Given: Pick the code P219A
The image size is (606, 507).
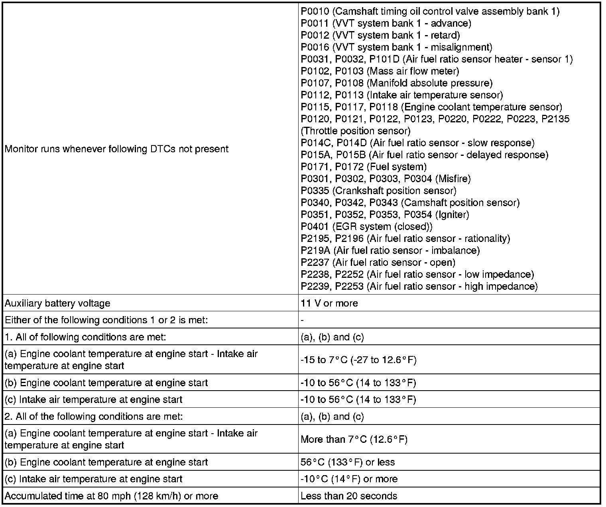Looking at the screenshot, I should pyautogui.click(x=315, y=251).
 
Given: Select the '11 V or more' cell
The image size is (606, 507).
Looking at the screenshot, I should pyautogui.click(x=329, y=303).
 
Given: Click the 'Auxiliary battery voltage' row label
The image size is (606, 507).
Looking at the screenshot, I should pyautogui.click(x=57, y=303).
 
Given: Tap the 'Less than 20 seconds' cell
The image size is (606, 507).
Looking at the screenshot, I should pyautogui.click(x=349, y=496).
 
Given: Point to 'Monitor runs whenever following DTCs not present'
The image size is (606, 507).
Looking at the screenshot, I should pyautogui.click(x=116, y=149).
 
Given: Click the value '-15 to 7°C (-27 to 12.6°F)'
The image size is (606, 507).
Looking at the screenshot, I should pyautogui.click(x=358, y=360).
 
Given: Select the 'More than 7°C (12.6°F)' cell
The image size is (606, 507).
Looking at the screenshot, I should pyautogui.click(x=354, y=440).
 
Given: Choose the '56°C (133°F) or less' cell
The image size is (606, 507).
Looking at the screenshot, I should pyautogui.click(x=348, y=462).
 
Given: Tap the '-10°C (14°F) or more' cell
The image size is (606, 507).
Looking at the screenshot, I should pyautogui.click(x=349, y=479).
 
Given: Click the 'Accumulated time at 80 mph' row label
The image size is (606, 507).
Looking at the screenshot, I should pyautogui.click(x=111, y=496).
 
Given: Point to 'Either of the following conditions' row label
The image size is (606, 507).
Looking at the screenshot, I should pyautogui.click(x=106, y=320).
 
